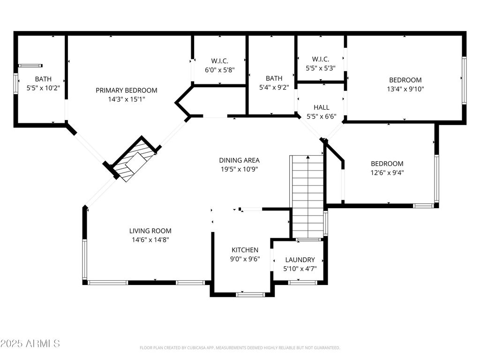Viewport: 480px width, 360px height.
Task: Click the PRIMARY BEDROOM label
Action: point(127,90)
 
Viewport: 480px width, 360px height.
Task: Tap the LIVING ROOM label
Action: point(150,231)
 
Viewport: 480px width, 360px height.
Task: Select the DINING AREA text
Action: point(240,160)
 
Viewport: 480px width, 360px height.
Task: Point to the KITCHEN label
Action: point(245,250)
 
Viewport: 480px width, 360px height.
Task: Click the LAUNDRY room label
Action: point(300,260)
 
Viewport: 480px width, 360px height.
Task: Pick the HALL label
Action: point(322,107)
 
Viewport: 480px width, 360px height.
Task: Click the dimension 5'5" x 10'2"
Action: point(43,88)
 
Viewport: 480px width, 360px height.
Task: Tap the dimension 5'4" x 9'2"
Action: point(274,88)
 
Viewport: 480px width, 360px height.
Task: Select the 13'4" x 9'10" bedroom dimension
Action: point(405,89)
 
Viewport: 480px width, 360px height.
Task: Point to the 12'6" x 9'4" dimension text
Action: point(387,172)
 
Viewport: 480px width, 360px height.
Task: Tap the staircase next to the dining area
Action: point(307,197)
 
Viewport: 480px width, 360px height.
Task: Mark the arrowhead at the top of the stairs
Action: point(308,157)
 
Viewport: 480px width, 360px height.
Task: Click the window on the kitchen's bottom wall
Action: point(250,295)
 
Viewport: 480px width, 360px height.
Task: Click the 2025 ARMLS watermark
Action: point(30,344)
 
